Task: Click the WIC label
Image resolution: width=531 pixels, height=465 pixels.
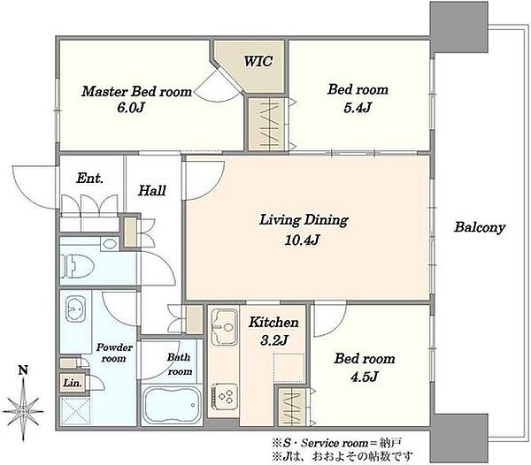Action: (x=258, y=61)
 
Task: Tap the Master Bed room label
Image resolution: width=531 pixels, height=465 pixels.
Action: (x=136, y=92)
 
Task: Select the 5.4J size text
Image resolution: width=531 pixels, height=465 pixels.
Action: (x=358, y=108)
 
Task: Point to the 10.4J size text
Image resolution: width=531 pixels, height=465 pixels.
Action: (x=302, y=240)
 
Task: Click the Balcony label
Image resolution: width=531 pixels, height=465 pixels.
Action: (x=480, y=227)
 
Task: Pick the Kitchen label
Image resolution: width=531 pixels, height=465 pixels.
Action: (x=273, y=323)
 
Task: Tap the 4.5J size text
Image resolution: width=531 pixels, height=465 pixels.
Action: (x=364, y=377)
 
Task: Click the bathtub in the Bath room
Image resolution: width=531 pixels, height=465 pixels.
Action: (x=172, y=405)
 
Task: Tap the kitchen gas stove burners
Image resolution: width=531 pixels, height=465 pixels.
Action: (x=225, y=396)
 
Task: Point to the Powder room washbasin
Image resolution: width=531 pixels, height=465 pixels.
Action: (x=76, y=309)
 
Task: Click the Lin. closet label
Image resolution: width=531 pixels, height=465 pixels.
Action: (x=73, y=383)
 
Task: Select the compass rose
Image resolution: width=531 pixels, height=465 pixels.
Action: (x=23, y=412)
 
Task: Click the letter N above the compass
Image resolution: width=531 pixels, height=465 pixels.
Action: (x=23, y=370)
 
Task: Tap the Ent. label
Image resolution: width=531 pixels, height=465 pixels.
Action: (x=89, y=179)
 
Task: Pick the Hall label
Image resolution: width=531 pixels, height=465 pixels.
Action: (x=152, y=191)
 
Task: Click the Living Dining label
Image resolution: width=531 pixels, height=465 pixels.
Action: (x=304, y=220)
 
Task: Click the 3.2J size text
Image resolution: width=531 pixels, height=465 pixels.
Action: (x=274, y=340)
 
